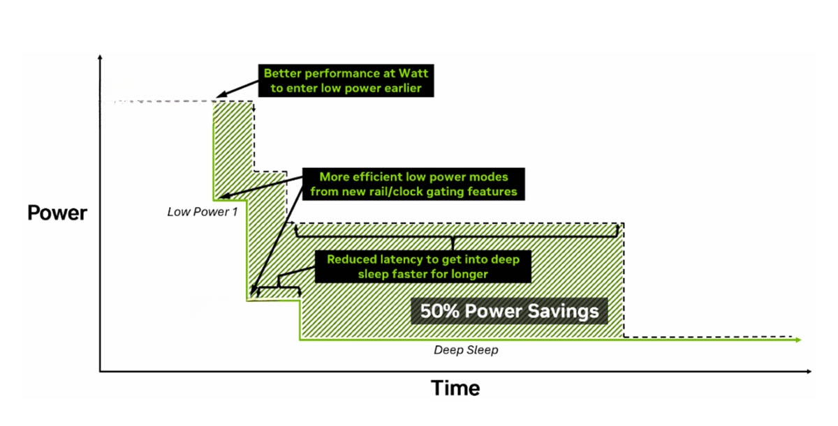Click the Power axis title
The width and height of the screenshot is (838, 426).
coord(57,213)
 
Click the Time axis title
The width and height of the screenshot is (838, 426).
coord(455,388)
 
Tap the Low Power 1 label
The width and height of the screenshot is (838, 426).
coord(203,212)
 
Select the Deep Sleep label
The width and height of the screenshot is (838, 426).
coord(466,350)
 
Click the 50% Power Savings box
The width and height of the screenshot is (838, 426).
coord(509,311)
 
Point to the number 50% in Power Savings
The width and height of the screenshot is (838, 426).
coord(439,311)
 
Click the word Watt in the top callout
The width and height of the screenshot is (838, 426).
coord(413,73)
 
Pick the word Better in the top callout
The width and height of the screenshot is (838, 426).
coord(282,73)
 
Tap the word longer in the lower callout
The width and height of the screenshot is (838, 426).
coord(469,274)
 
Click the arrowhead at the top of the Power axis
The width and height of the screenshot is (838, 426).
coord(100,57)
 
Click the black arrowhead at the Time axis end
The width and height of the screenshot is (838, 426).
coord(809,372)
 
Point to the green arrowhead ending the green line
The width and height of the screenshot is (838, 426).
coord(798,340)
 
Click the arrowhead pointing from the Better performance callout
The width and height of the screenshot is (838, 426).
coord(221,95)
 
